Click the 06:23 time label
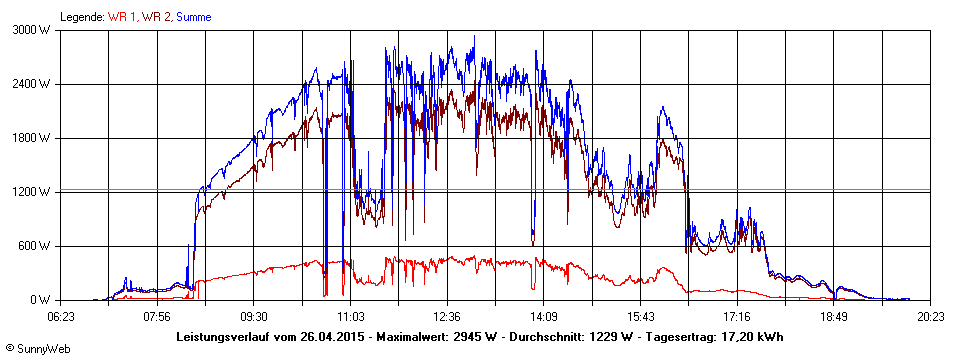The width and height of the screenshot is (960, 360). point(61,317)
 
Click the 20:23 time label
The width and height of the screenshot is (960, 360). point(931,317)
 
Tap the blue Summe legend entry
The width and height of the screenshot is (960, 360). point(194,17)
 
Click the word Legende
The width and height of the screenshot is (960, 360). point(81,17)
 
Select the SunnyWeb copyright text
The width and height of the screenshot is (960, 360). point(37,347)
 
